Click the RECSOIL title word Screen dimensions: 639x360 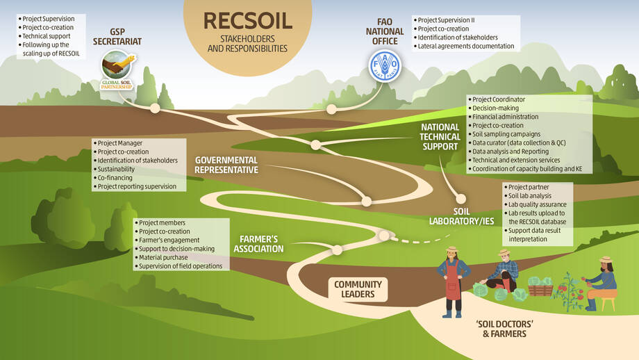pos(248,21)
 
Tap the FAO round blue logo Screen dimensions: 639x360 pos(385,65)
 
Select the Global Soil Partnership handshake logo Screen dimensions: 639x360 pos(117,70)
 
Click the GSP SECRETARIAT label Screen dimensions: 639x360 pos(117,37)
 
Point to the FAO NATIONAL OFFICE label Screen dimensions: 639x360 pos(385,31)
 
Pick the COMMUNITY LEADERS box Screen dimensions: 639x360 pos(358,290)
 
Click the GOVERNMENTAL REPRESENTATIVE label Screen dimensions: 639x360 pos(226,165)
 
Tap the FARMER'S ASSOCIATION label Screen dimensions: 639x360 pos(258,244)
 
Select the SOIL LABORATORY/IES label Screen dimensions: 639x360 pos(461,217)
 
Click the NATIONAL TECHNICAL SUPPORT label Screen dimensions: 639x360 pos(440,137)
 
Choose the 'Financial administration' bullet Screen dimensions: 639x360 pos(504,117)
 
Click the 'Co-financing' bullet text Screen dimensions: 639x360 pos(113,178)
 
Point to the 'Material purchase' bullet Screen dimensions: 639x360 pos(161,257)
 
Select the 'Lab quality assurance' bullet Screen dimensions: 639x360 pos(535,204)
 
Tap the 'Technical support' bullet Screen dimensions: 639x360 pos(44,36)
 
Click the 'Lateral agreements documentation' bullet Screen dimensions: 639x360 pos(464,46)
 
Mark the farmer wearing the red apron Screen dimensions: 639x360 pos(453,282)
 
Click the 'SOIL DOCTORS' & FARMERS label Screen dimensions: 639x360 pos(504,329)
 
